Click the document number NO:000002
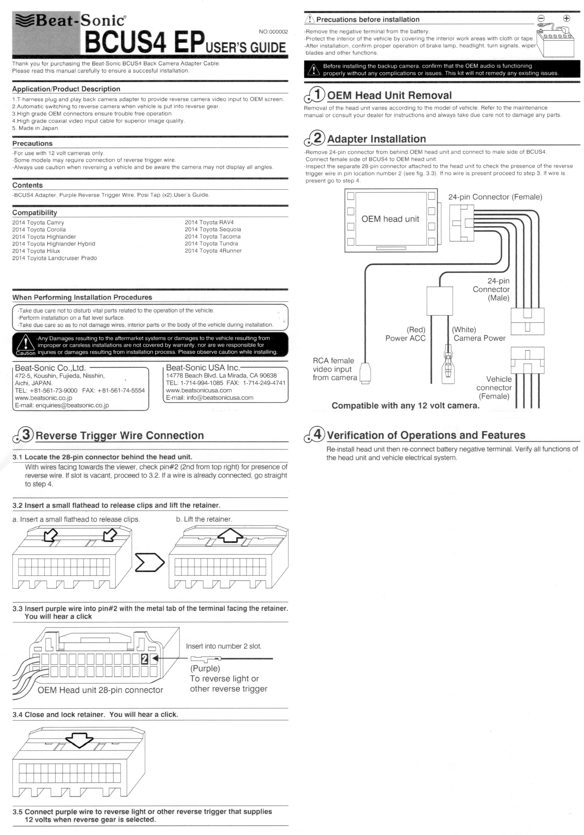tap(273, 32)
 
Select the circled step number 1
tap(317, 95)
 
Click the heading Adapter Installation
tap(376, 139)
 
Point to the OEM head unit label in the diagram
tap(390, 219)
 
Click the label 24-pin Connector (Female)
tap(495, 197)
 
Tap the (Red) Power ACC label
tap(406, 334)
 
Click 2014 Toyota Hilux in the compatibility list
tap(36, 251)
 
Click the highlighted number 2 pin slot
tap(144, 658)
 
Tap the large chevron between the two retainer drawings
tap(149, 563)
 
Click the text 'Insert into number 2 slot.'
tap(224, 646)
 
